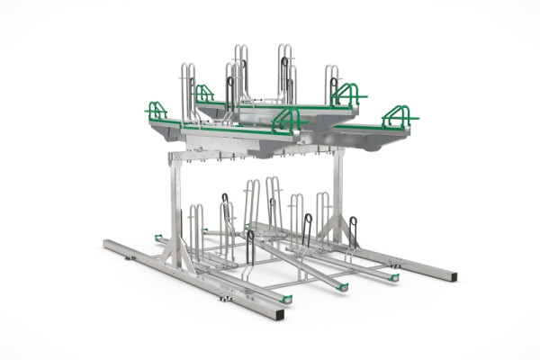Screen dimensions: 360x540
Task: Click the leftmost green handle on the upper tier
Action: tap(157, 111)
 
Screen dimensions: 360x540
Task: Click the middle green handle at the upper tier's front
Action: tap(287, 118)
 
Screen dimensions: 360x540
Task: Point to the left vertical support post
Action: tap(175, 207)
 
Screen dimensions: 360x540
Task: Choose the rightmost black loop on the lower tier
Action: tap(353, 231)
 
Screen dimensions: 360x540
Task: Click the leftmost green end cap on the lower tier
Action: tap(158, 238)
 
